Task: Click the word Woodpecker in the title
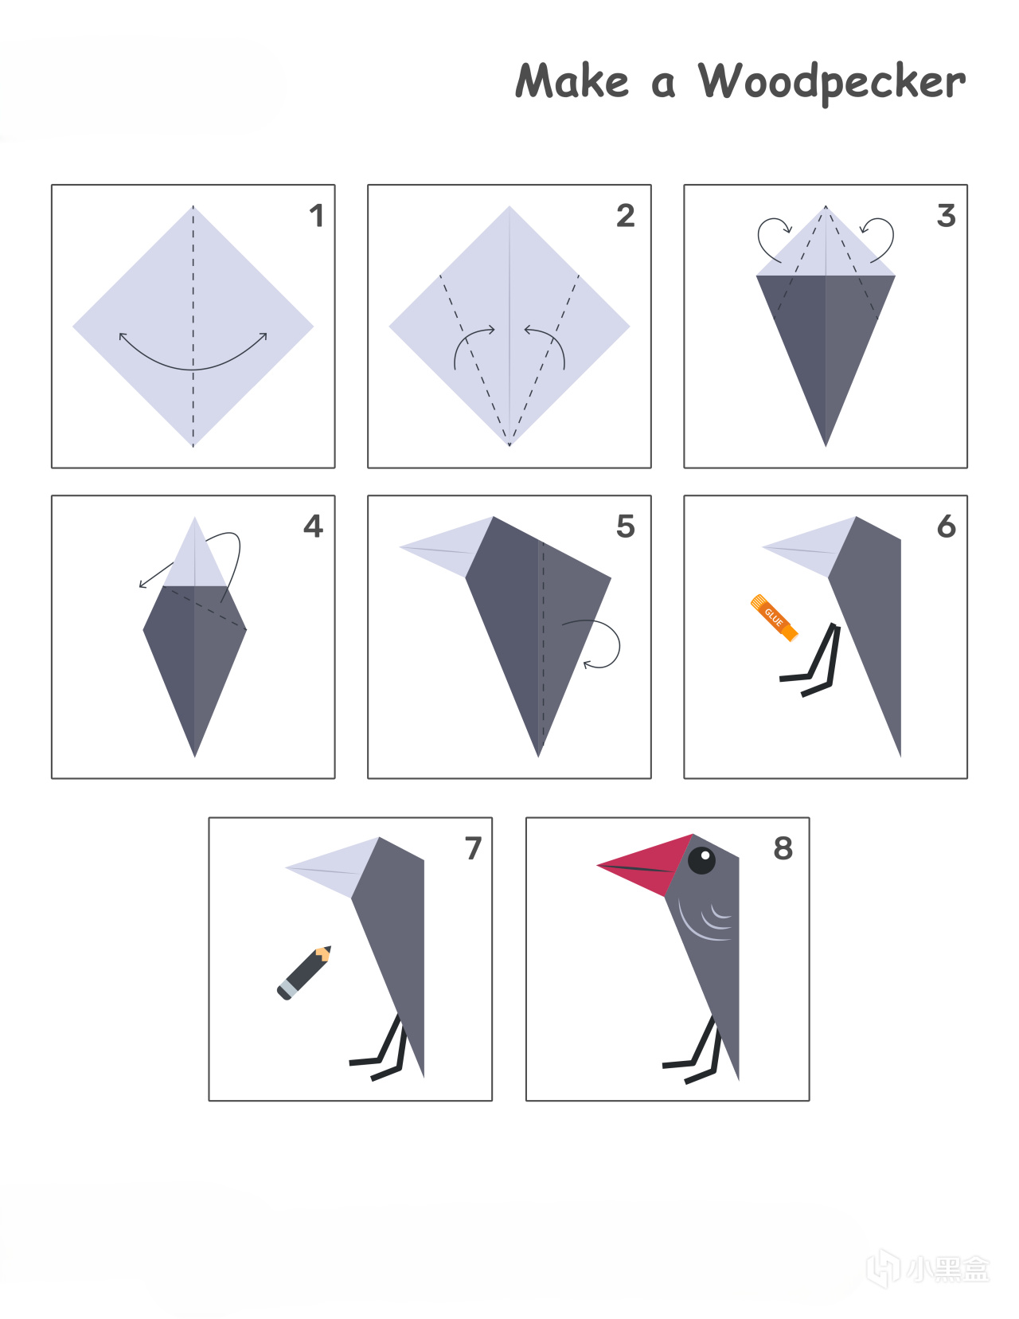click(x=832, y=83)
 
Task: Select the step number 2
click(x=626, y=216)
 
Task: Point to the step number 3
click(x=947, y=216)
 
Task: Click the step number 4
click(x=313, y=526)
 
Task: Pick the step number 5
click(x=626, y=526)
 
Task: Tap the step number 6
click(x=947, y=526)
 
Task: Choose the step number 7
click(x=473, y=848)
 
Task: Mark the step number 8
click(x=783, y=848)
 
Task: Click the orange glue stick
click(x=774, y=618)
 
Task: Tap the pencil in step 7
click(x=304, y=973)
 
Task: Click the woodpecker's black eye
click(x=702, y=860)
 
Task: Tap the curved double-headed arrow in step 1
click(x=193, y=369)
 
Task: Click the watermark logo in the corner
click(x=927, y=1269)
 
